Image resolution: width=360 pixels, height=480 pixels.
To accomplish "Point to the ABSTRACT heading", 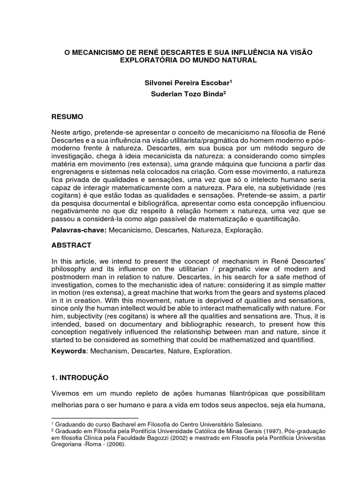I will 71,245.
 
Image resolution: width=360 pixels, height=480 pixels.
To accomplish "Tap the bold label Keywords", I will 68,351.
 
